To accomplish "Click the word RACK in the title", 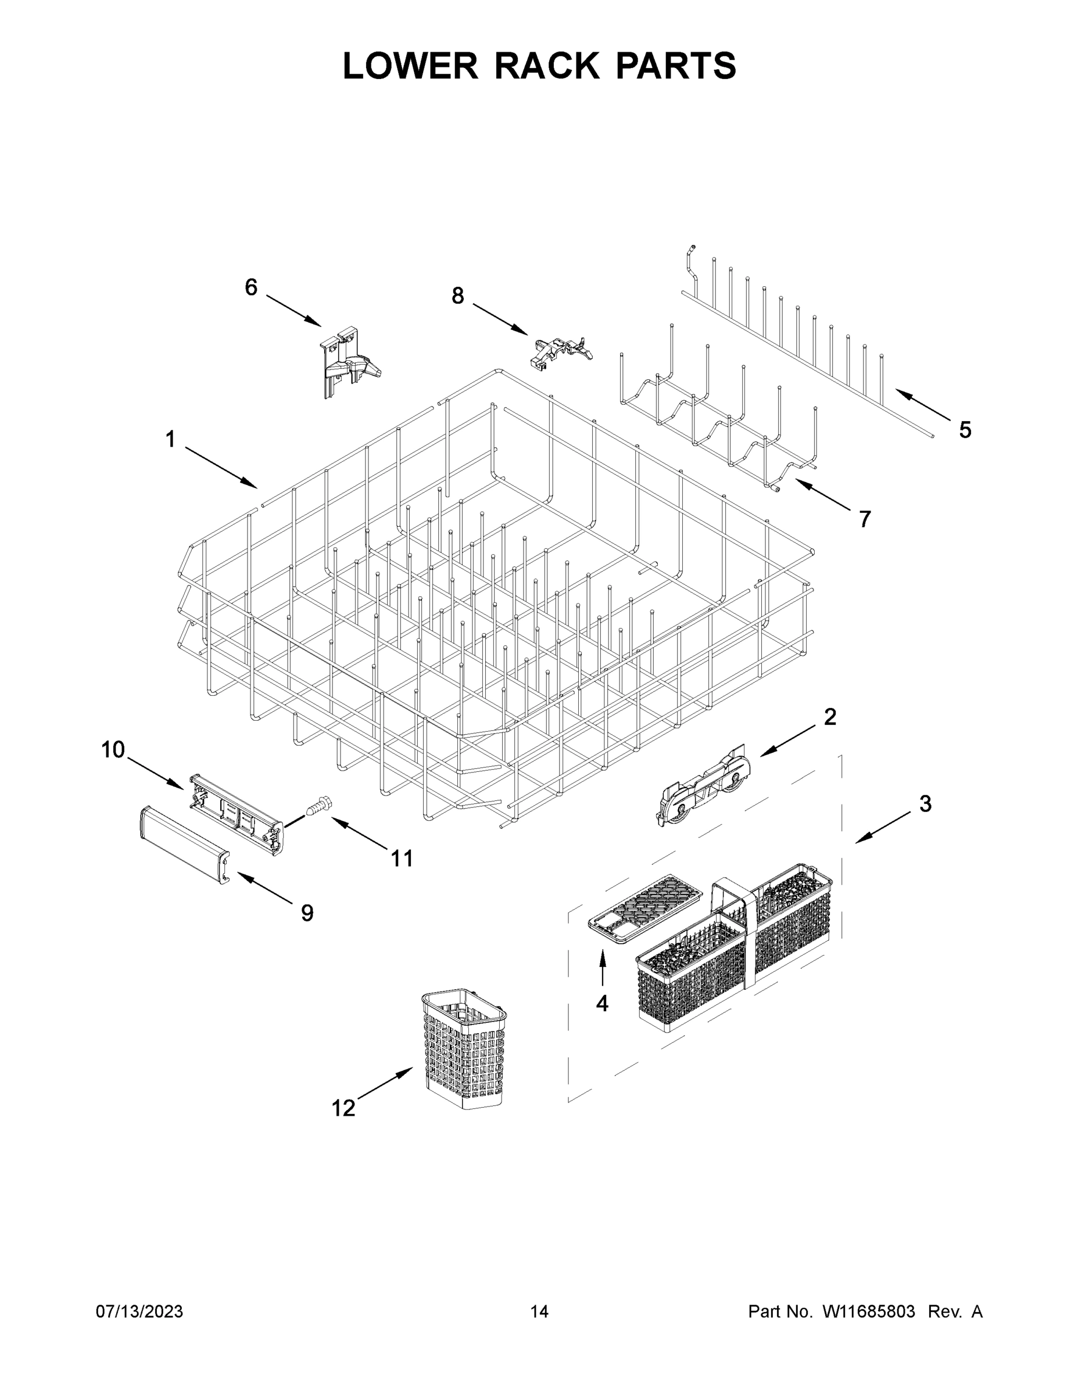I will tap(547, 66).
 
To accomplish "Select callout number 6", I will tap(251, 288).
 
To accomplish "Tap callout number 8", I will tap(458, 296).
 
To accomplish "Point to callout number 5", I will tap(965, 430).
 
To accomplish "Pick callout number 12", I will tap(343, 1108).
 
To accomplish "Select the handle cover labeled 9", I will tap(184, 844).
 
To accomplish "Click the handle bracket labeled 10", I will tap(237, 812).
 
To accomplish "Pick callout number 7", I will tap(865, 519).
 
